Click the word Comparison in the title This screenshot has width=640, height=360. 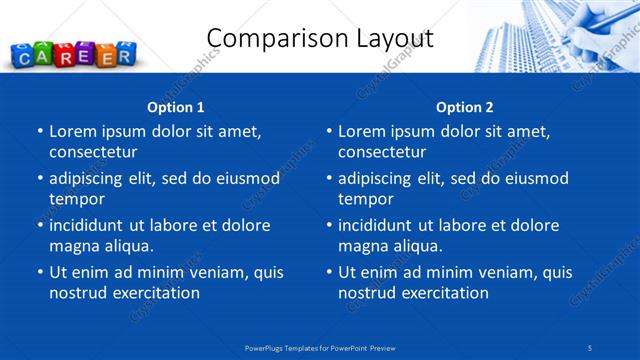click(x=269, y=39)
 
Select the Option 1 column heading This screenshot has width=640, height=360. click(x=176, y=107)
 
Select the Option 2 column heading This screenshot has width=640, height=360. click(x=465, y=107)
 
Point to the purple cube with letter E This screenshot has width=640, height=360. click(x=84, y=55)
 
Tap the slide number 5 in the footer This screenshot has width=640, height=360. click(x=591, y=347)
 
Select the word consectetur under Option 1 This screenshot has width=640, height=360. click(x=93, y=152)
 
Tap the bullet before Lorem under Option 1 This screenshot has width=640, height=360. click(x=39, y=131)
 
